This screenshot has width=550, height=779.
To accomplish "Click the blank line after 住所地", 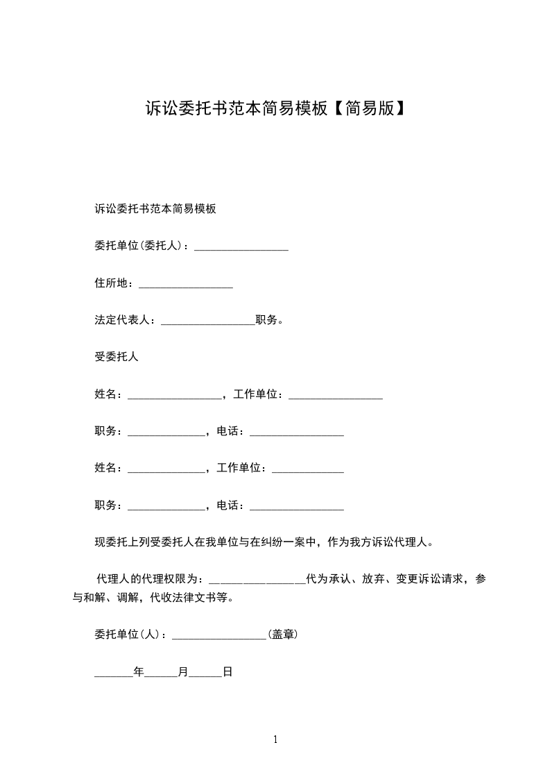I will click(186, 285).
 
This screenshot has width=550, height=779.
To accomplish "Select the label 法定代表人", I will click(122, 320).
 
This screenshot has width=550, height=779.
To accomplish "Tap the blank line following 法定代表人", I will click(207, 322).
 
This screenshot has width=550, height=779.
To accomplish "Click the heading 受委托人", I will click(117, 357).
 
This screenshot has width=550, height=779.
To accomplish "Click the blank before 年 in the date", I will click(113, 674).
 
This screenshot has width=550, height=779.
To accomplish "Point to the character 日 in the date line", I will click(227, 672).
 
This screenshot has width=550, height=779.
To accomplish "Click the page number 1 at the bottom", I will click(275, 739).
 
